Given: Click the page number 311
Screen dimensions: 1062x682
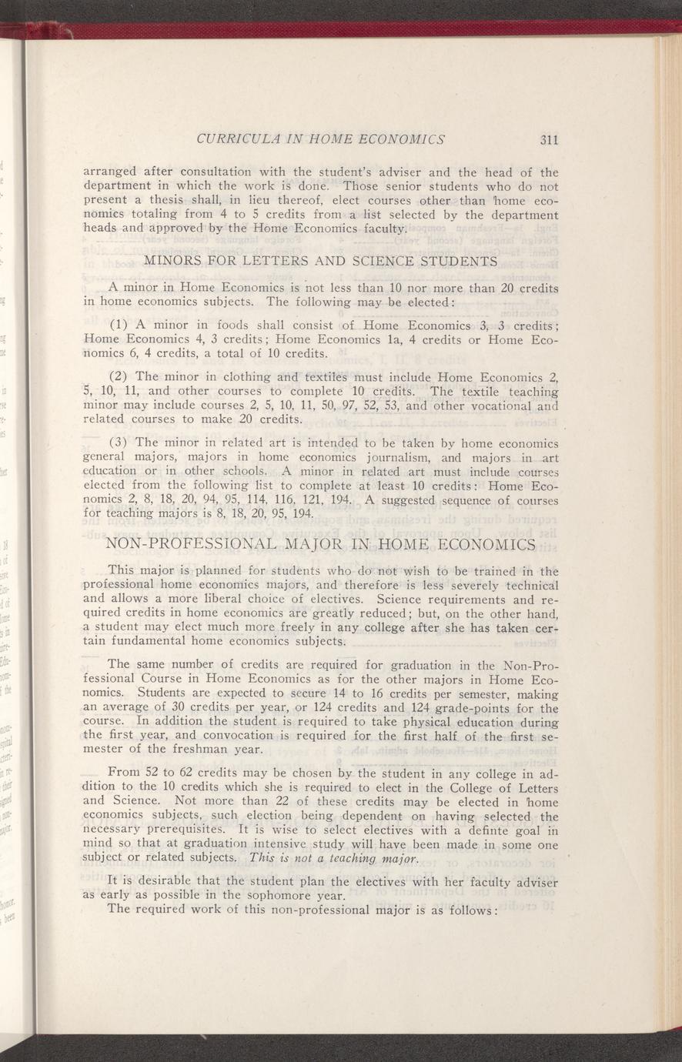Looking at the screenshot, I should coord(548,140).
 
